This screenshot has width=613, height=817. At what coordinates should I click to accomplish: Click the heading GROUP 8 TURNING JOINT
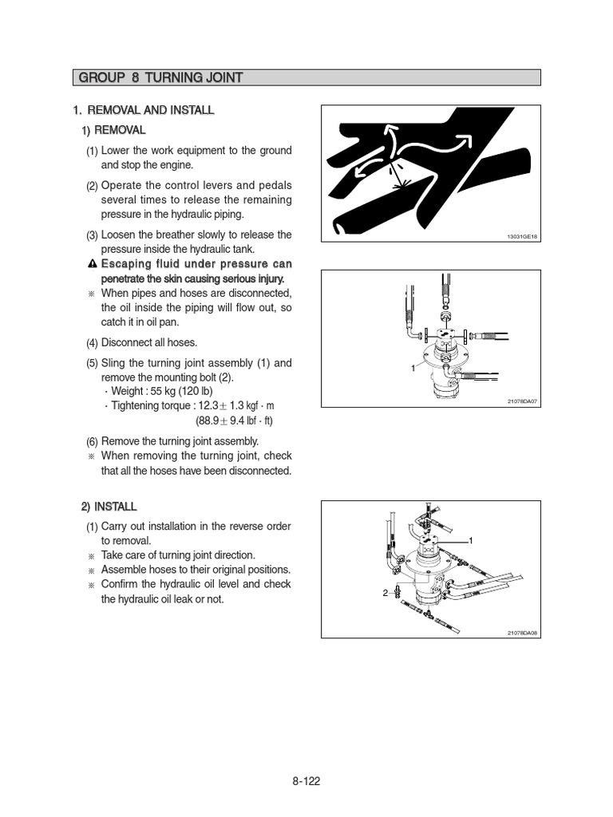click(x=160, y=77)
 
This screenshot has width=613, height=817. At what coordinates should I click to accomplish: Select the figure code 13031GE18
click(x=523, y=237)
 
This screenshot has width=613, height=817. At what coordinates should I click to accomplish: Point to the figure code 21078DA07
click(x=523, y=401)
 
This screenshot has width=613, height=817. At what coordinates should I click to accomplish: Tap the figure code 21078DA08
click(x=523, y=633)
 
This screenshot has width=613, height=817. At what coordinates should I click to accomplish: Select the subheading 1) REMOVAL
click(x=113, y=129)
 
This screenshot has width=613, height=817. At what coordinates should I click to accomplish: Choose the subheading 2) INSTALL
click(x=109, y=507)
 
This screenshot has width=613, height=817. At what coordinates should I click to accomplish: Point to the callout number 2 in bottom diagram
click(x=385, y=594)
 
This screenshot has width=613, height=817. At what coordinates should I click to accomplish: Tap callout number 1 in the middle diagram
click(x=413, y=368)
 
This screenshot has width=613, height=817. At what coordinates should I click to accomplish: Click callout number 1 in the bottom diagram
click(x=471, y=541)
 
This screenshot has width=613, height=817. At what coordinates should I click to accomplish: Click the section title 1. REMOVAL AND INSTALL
click(x=144, y=109)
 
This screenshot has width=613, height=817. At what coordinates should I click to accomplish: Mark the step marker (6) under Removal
click(x=92, y=441)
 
